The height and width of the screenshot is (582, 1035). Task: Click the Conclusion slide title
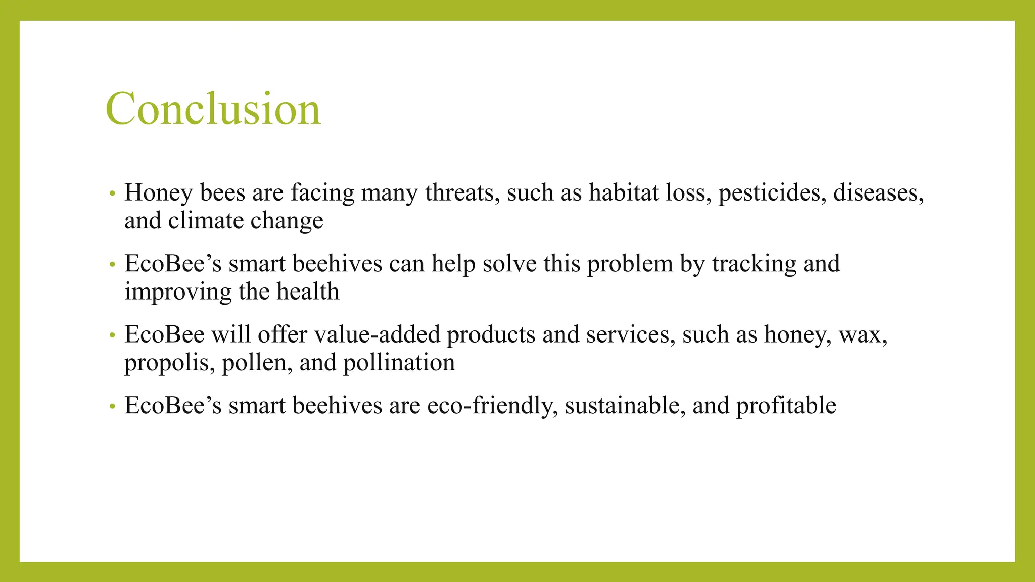(213, 109)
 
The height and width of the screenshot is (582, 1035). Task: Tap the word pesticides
(772, 193)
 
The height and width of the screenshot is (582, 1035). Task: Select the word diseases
(878, 193)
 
